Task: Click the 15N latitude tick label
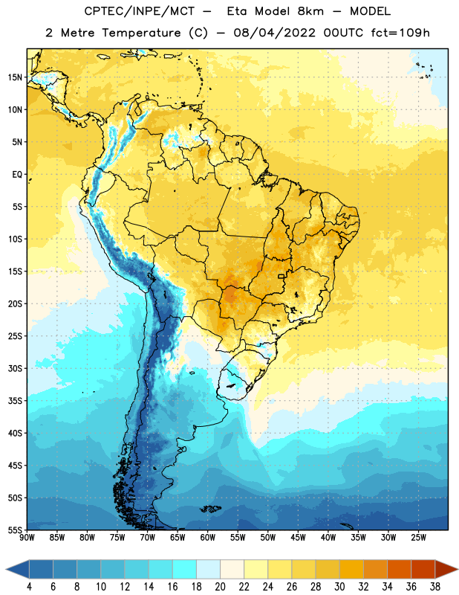click(x=15, y=77)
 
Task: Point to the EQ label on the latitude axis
click(x=17, y=175)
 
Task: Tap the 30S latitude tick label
click(x=15, y=368)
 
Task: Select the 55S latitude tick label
click(x=15, y=530)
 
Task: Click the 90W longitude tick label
click(x=27, y=537)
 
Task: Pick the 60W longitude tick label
click(x=208, y=537)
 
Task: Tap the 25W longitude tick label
click(x=418, y=537)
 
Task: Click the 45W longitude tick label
click(x=298, y=537)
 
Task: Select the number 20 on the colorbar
click(x=220, y=587)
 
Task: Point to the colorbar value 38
click(x=435, y=587)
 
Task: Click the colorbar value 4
click(x=29, y=587)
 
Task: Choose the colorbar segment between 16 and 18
click(x=184, y=570)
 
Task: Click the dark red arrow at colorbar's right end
click(x=446, y=570)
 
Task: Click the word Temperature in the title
click(x=141, y=33)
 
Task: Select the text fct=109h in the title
click(x=400, y=33)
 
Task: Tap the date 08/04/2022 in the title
click(x=275, y=33)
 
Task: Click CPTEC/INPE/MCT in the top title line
click(x=140, y=11)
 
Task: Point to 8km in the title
click(x=310, y=11)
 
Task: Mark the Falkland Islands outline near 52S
click(x=210, y=509)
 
